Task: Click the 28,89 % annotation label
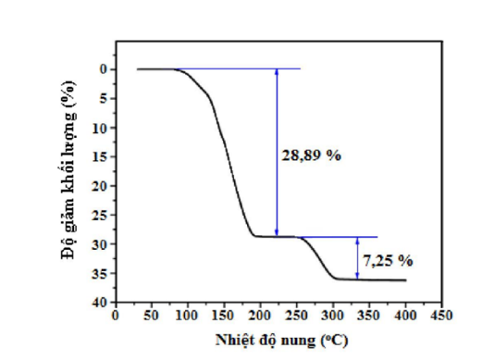pyautogui.click(x=311, y=155)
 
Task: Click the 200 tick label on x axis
pyautogui.click(x=260, y=316)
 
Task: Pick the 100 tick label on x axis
pyautogui.click(x=187, y=316)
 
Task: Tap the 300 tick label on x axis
pyautogui.click(x=333, y=316)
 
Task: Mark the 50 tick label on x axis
pyautogui.click(x=151, y=316)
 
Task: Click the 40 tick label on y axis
pyautogui.click(x=96, y=302)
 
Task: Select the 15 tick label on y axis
pyautogui.click(x=96, y=156)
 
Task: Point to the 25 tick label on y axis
pyautogui.click(x=96, y=215)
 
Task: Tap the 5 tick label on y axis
pyautogui.click(x=99, y=98)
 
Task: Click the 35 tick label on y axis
pyautogui.click(x=96, y=273)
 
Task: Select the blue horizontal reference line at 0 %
pyautogui.click(x=241, y=68)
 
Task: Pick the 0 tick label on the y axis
pyautogui.click(x=99, y=69)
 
